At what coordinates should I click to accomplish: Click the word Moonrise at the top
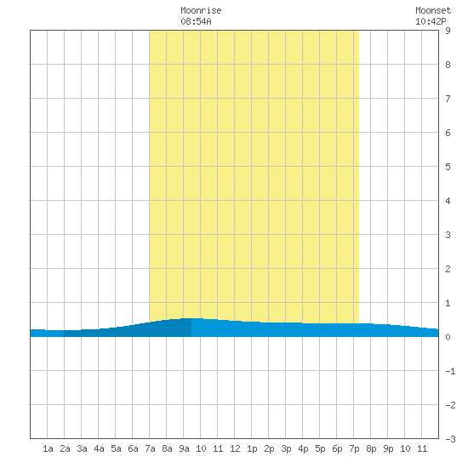(x=201, y=10)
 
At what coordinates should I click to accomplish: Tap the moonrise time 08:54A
(x=196, y=21)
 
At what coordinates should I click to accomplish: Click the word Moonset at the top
(x=433, y=10)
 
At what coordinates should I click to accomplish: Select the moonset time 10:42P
(x=431, y=21)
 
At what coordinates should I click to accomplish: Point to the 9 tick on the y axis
(x=448, y=31)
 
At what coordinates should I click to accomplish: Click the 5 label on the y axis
(x=448, y=167)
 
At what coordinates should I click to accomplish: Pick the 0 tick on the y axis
(x=448, y=337)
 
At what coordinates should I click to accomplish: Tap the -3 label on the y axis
(x=450, y=439)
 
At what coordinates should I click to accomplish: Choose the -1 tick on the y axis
(x=450, y=371)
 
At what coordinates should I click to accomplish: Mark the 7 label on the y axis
(x=448, y=99)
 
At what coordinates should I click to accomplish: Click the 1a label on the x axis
(x=48, y=448)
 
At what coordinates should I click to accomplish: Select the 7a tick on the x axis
(x=150, y=448)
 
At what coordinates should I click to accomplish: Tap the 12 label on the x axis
(x=235, y=448)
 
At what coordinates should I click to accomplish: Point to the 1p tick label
(x=252, y=448)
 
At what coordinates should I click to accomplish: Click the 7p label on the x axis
(x=354, y=448)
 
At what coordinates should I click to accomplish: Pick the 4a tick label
(x=99, y=448)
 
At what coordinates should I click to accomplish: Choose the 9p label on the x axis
(x=388, y=448)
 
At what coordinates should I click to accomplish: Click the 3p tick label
(x=286, y=448)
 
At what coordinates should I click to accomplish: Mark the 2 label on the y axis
(x=448, y=269)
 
